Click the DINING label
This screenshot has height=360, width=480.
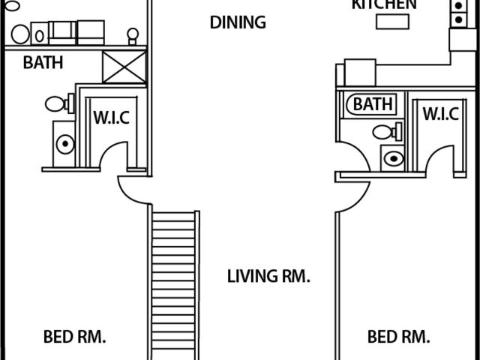tap(238, 22)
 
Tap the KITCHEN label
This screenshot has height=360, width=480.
tap(384, 4)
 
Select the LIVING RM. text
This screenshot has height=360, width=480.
tap(268, 276)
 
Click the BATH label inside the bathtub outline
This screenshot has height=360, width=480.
tap(373, 104)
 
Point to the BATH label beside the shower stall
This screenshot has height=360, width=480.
tap(43, 62)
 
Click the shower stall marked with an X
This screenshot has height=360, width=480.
tap(124, 67)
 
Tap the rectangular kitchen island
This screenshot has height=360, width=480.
tap(392, 22)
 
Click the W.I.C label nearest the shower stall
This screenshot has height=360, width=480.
tap(112, 118)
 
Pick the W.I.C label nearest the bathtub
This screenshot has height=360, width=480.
tap(441, 114)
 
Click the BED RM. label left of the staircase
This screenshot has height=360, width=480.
tap(75, 337)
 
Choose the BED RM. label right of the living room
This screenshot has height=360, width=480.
tap(398, 337)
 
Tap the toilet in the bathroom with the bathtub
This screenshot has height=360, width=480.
tap(387, 132)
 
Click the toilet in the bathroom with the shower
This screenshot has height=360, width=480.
tap(60, 103)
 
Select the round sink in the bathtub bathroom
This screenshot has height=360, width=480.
tap(394, 158)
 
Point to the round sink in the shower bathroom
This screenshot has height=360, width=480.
tap(65, 144)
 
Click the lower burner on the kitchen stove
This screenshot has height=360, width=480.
tap(458, 20)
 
